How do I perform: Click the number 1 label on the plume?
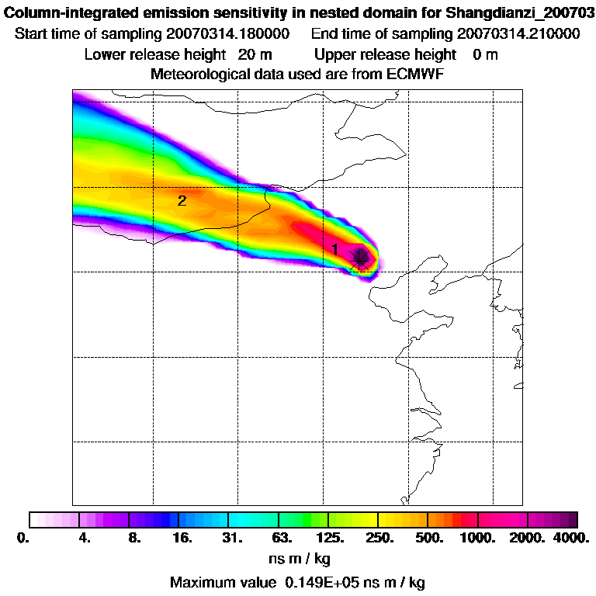coord(334,248)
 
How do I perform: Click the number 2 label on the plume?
coord(182,200)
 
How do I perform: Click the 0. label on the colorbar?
coord(29,538)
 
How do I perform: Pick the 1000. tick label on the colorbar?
coord(478,538)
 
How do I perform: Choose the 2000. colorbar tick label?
coord(527,538)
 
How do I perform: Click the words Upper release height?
coord(386,54)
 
